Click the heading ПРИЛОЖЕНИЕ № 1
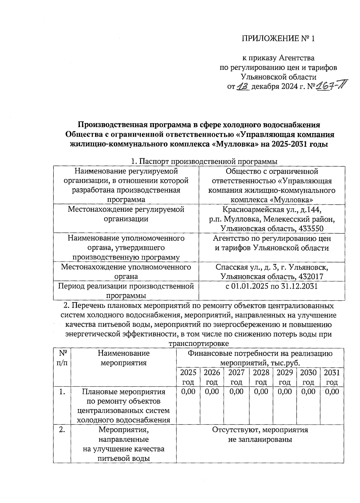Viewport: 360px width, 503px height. pyautogui.click(x=278, y=39)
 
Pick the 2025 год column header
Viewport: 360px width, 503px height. pyautogui.click(x=188, y=377)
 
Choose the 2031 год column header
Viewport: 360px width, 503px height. pyautogui.click(x=332, y=377)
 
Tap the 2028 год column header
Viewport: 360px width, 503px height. pyautogui.click(x=261, y=377)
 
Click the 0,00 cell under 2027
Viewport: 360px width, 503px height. pyautogui.click(x=236, y=391)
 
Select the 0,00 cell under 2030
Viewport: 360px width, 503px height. pyautogui.click(x=308, y=391)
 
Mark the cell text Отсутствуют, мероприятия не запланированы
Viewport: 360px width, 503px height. pyautogui.click(x=260, y=435)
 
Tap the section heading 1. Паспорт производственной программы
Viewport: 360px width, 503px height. pyautogui.click(x=204, y=162)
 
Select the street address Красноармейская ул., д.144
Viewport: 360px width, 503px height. pyautogui.click(x=272, y=209)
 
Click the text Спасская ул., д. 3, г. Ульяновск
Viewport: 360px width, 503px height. pyautogui.click(x=272, y=267)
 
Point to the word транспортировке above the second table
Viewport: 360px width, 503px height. pyautogui.click(x=199, y=343)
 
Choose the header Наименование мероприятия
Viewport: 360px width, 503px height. pyautogui.click(x=124, y=358)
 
